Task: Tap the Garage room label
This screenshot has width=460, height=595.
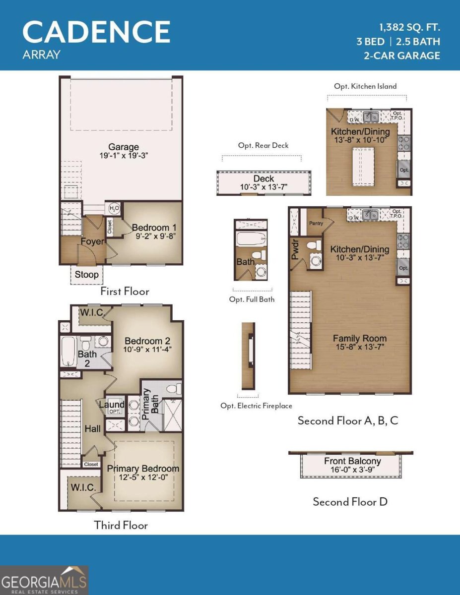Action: point(124,147)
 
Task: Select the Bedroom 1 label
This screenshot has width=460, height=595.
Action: point(150,228)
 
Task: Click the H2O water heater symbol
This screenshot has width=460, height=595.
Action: point(114,208)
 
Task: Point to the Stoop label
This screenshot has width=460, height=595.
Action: point(86,274)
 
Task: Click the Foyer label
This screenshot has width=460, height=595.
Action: point(92,242)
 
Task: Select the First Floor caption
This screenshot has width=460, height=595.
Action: point(125,291)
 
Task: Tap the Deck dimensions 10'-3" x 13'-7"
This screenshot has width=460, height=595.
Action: point(263,187)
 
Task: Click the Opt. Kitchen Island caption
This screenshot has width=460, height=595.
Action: point(365,86)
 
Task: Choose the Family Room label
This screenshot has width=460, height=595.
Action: point(359,339)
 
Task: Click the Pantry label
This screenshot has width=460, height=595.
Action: point(316,223)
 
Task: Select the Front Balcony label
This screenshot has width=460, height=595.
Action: point(352,461)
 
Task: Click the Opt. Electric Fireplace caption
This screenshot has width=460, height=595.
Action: point(256,406)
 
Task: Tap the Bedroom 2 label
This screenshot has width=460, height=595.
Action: point(147,341)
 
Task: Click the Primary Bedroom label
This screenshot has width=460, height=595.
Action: point(143,469)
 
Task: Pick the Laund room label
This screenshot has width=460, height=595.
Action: point(112,405)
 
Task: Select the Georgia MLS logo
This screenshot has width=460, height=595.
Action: point(44,580)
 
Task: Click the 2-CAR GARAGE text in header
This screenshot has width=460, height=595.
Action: point(402,56)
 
